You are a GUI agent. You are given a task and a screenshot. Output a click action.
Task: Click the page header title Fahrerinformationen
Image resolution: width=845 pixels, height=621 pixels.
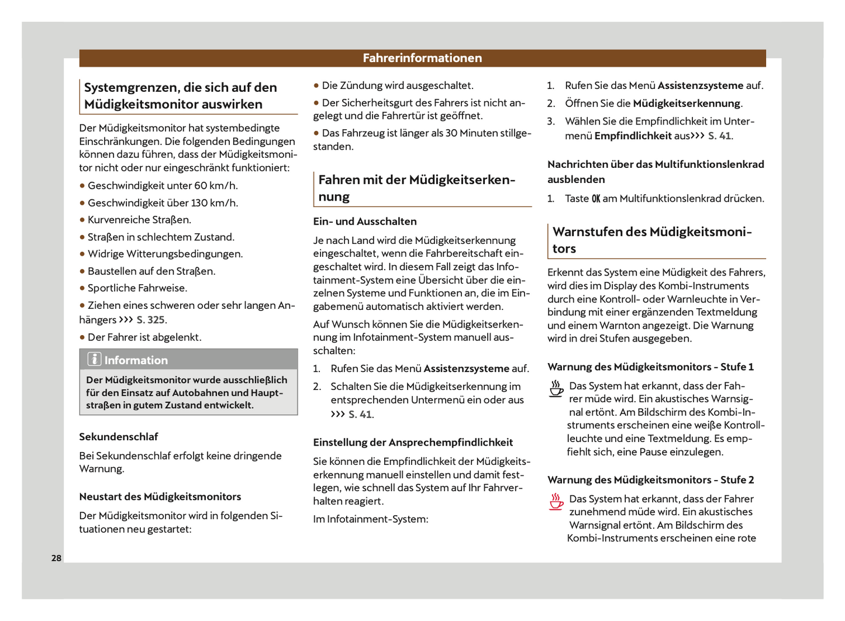[422, 58]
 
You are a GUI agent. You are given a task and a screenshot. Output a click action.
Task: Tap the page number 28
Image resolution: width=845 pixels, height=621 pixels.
[56, 558]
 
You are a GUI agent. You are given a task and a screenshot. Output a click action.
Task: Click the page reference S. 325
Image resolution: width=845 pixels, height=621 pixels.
[151, 320]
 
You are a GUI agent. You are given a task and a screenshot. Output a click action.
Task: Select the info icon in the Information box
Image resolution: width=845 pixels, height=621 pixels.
[94, 359]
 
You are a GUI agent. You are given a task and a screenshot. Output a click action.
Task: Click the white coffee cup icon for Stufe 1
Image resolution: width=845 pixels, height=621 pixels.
[556, 388]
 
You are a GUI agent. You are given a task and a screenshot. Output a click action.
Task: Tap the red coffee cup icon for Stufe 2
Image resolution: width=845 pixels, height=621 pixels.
[556, 501]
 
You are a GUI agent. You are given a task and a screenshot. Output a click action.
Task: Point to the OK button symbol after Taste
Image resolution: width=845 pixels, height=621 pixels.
[595, 199]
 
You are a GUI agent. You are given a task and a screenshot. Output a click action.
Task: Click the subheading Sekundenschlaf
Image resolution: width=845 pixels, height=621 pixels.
[119, 437]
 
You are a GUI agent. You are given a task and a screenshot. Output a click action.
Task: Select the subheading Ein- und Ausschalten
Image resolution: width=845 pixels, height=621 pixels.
[365, 222]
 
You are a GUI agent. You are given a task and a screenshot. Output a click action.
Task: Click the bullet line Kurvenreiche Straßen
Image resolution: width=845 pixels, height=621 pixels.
[139, 220]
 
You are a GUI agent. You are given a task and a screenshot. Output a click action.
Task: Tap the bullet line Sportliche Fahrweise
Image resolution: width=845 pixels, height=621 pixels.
[137, 288]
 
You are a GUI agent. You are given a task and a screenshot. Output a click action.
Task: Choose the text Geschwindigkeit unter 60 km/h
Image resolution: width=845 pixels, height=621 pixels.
[163, 186]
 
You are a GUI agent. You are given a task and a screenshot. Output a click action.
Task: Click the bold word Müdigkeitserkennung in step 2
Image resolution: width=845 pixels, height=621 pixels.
[687, 103]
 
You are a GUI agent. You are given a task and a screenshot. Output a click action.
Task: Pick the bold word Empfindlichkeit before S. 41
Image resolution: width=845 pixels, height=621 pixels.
[633, 136]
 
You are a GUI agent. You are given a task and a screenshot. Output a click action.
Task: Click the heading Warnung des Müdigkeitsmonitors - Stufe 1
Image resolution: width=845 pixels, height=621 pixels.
[650, 367]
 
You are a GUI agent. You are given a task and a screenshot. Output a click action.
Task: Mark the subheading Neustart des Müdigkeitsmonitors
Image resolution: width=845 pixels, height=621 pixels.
[160, 497]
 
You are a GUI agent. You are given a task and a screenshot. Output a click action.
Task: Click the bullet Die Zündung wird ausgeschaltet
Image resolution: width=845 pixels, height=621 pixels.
[397, 86]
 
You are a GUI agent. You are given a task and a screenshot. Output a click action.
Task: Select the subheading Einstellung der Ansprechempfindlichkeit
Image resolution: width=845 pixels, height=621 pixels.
[413, 443]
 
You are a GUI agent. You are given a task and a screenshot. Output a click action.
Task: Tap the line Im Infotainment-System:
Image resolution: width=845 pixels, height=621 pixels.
[371, 519]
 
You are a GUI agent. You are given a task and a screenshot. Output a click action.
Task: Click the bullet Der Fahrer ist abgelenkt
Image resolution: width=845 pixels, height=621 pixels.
[144, 337]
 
